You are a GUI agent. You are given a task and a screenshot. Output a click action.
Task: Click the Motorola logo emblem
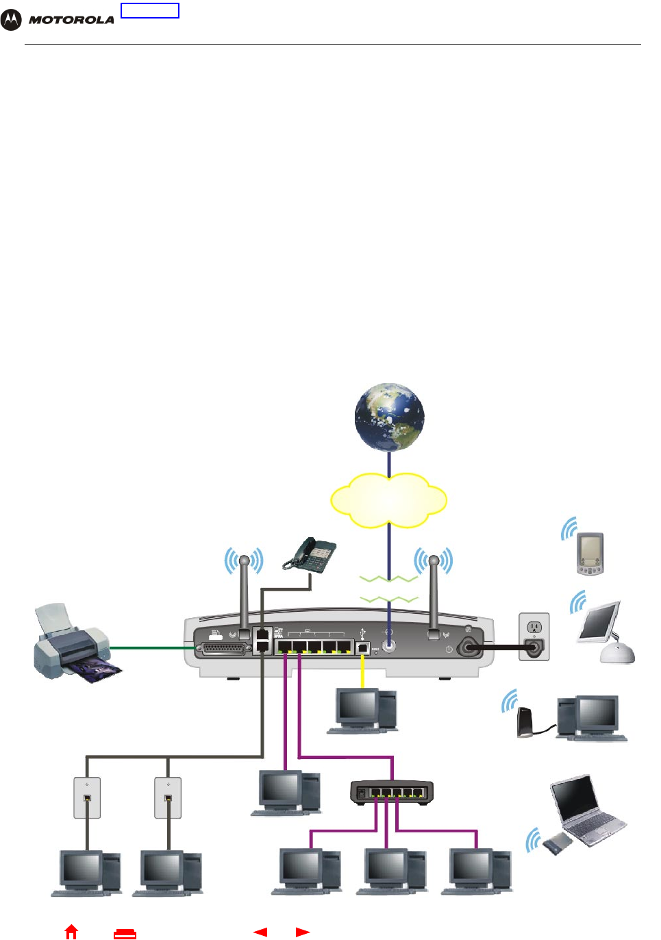(x=12, y=20)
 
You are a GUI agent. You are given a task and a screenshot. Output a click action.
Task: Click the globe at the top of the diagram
(x=389, y=417)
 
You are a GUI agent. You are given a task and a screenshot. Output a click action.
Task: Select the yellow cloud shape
(x=388, y=499)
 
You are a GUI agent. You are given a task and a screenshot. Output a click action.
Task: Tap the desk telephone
(x=312, y=554)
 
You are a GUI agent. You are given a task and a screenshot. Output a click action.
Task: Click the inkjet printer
(x=71, y=641)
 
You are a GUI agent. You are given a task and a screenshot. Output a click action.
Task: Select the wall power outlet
(x=534, y=636)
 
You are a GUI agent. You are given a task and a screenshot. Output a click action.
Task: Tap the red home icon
(x=71, y=932)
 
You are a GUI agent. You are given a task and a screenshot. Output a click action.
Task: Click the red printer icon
(x=125, y=932)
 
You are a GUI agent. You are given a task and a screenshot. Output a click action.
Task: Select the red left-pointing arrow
(x=260, y=932)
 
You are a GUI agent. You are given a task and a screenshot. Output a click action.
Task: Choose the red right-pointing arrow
(x=303, y=932)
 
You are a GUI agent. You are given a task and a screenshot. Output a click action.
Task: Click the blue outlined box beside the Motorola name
(x=150, y=10)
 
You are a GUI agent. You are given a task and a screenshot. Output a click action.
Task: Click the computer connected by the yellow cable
(x=363, y=710)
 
